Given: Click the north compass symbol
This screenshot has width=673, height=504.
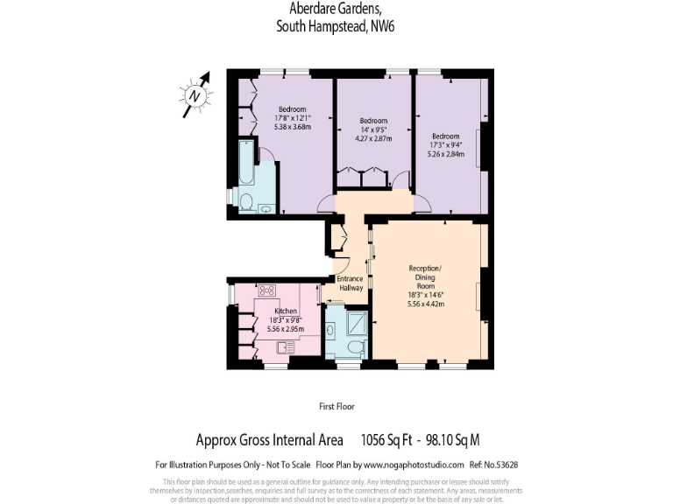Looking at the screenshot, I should click(197, 94).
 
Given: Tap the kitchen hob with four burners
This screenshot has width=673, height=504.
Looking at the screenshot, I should click(266, 290).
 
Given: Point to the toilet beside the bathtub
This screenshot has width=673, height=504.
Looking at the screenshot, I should click(247, 204).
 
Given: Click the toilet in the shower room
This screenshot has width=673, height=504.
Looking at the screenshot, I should click(356, 347).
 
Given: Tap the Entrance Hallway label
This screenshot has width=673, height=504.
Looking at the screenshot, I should click(350, 283).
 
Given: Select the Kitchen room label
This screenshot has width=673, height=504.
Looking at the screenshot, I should click(286, 311).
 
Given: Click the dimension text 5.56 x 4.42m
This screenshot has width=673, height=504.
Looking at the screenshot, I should click(427, 304).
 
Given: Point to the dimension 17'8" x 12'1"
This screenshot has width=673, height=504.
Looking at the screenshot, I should click(293, 117).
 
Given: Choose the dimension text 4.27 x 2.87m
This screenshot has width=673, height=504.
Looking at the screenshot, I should click(373, 138).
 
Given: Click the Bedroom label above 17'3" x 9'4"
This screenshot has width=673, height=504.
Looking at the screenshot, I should click(445, 136).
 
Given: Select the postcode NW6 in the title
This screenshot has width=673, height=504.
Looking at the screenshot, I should click(383, 26).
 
